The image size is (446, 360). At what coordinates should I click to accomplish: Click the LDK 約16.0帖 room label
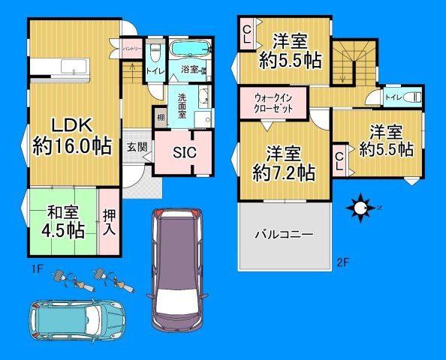(x=71, y=135)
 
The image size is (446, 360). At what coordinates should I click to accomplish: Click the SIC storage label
(x=185, y=153)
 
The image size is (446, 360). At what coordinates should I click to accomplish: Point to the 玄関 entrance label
(x=136, y=146)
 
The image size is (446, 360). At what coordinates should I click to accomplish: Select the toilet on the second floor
(x=410, y=97)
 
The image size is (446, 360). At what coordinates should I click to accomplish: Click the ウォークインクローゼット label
(x=273, y=102)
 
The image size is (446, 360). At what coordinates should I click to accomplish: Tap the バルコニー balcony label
(x=283, y=234)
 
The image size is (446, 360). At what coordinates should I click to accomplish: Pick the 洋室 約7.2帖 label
(x=283, y=163)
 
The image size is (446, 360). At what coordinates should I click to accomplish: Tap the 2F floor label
(x=342, y=262)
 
